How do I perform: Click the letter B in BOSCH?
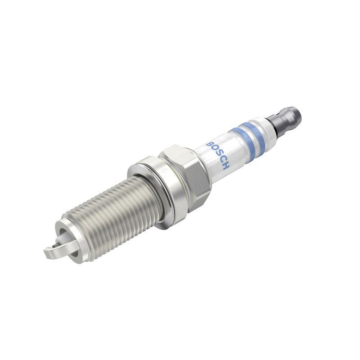click(209, 144)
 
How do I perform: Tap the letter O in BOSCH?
click(213, 149)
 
